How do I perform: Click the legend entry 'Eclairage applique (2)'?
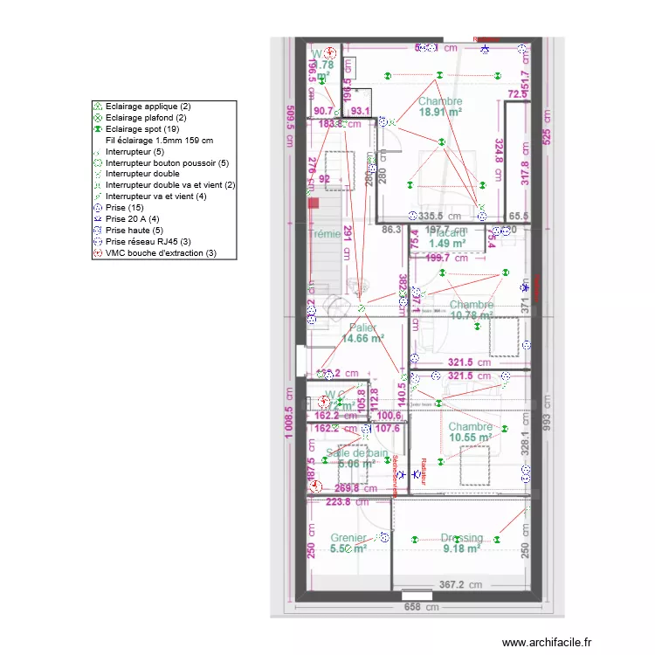point(148,106)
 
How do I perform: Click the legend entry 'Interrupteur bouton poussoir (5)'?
point(166,162)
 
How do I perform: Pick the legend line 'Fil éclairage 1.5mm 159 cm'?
point(159,140)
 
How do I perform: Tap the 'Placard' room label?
point(446,232)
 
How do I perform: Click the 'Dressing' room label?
point(460,538)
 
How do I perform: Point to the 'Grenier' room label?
point(348,538)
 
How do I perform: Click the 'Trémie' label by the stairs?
point(324,234)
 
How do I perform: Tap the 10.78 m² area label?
point(472,315)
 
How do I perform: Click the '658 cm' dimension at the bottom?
point(418,608)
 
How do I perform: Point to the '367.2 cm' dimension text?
point(460,585)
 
